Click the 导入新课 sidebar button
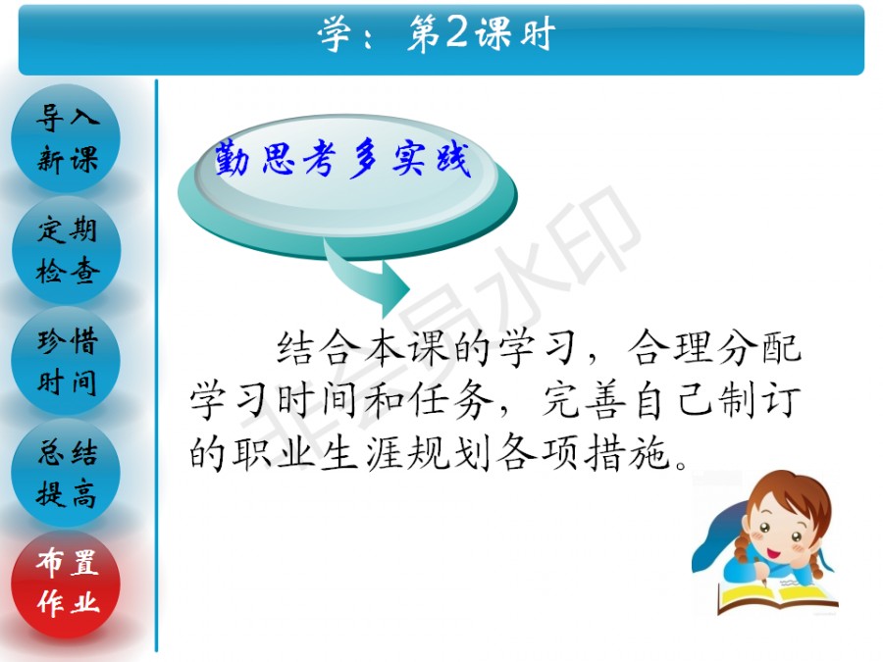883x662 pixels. (66, 138)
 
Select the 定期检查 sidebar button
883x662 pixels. (66, 250)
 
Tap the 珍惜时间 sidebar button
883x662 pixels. (66, 362)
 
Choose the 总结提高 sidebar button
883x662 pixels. (66, 474)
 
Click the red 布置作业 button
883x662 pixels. (66, 585)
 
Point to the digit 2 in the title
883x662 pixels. (456, 32)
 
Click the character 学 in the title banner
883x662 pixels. (336, 33)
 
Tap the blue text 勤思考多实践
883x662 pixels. (341, 159)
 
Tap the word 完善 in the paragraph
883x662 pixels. (585, 400)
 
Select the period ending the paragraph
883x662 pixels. (682, 465)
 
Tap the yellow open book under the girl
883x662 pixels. (777, 596)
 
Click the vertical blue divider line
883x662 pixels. (157, 366)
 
